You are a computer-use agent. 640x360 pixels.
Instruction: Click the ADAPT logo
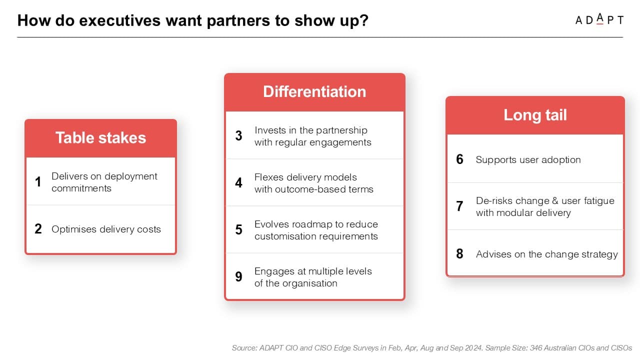(599, 19)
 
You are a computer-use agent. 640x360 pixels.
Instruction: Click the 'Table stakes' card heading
(100, 137)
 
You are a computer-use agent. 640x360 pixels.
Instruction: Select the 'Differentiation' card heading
(314, 91)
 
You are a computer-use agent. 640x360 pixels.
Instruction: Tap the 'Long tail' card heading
(535, 115)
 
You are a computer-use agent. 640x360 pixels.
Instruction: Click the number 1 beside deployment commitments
(38, 181)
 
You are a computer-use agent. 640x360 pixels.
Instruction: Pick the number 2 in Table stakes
(38, 229)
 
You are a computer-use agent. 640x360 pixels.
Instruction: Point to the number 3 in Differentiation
(239, 135)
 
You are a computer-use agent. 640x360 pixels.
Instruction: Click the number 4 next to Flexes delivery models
(239, 182)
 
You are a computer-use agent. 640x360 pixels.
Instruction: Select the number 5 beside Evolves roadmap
(239, 229)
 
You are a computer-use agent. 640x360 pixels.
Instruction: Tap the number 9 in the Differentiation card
(239, 276)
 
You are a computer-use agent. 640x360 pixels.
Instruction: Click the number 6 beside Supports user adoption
(459, 159)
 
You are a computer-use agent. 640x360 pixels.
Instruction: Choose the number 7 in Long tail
(459, 206)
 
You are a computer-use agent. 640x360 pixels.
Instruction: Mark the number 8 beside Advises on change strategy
(459, 253)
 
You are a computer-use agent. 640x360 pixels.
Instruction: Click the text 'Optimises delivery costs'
(106, 229)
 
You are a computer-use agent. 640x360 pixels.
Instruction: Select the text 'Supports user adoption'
(528, 159)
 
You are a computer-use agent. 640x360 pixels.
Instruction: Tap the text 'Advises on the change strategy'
(547, 254)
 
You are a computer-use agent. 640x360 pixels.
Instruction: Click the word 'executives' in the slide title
(120, 20)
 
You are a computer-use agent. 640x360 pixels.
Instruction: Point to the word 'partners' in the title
(238, 20)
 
